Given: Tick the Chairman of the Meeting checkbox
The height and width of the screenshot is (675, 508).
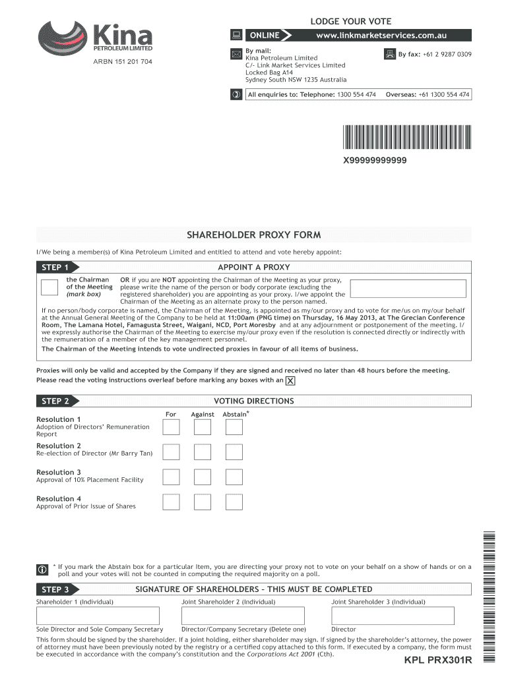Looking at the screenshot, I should coord(49,289).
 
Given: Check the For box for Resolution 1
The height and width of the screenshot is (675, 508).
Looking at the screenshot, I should coord(171,427).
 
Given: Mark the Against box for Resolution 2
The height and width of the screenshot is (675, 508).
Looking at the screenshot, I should coord(203,452).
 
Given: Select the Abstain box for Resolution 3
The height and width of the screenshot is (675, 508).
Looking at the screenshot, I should coord(234,477).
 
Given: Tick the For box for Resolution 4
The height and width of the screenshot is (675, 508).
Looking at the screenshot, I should coord(171,502).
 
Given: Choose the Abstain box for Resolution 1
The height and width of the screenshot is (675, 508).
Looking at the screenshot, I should coord(234,427).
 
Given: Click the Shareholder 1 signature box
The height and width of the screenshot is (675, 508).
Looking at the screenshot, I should coord(98,616).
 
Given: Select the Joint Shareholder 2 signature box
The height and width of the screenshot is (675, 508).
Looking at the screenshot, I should coord(243,616).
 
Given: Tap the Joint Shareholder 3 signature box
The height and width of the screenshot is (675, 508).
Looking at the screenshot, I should coord(393,616).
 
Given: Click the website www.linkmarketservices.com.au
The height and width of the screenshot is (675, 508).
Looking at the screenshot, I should coord(391,34).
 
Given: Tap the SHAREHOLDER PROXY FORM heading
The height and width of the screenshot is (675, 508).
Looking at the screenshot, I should coord(254,235).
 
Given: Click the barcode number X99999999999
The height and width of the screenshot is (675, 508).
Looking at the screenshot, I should coord(375,161).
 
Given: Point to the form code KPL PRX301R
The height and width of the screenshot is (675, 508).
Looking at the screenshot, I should coord(438,661).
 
